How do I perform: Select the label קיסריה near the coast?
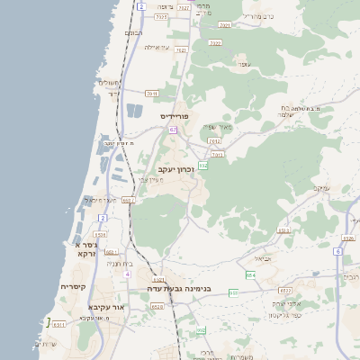click(x=73, y=286)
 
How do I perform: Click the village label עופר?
click(x=242, y=65)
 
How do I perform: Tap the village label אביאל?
click(x=263, y=258)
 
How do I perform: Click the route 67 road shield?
click(x=173, y=130)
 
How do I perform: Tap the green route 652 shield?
click(x=203, y=166)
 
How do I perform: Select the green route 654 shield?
click(x=250, y=274)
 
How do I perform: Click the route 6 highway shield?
click(x=337, y=251)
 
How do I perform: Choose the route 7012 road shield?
click(x=214, y=141)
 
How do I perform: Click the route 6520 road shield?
click(x=157, y=307)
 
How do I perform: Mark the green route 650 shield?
click(x=234, y=292)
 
